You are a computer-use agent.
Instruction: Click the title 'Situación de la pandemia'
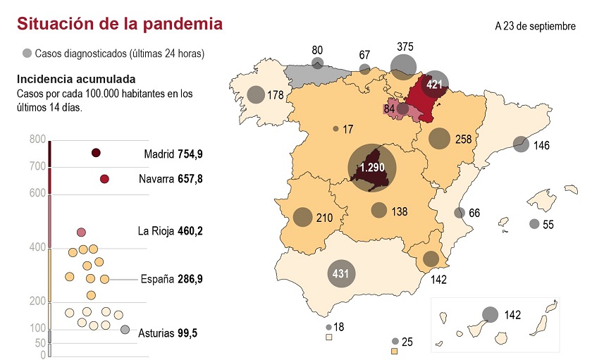[120, 24]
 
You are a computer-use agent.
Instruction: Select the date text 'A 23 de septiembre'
[535, 26]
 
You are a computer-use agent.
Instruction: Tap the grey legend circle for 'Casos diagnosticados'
[27, 53]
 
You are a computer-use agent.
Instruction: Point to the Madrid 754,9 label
[173, 154]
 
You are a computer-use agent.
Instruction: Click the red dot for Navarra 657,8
[104, 179]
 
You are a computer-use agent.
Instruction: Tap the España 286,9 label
[172, 279]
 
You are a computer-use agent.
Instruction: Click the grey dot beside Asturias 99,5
[125, 330]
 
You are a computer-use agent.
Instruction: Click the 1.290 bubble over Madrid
[372, 168]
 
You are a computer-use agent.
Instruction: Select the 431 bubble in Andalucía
[340, 273]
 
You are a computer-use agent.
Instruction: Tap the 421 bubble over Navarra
[434, 85]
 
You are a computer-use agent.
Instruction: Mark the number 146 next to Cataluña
[541, 147]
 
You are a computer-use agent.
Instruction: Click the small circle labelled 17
[335, 129]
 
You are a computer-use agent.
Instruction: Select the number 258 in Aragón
[463, 139]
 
